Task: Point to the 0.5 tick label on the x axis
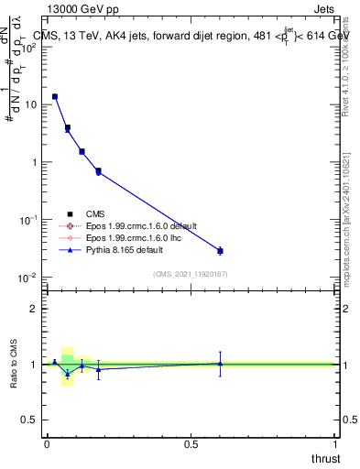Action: pos(191,444)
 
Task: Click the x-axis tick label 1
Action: pos(335,444)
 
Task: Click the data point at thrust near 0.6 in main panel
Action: pos(220,250)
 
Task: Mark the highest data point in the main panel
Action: pos(55,96)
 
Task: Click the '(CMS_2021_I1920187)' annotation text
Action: pos(190,273)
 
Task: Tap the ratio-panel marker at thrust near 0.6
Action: pos(220,363)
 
